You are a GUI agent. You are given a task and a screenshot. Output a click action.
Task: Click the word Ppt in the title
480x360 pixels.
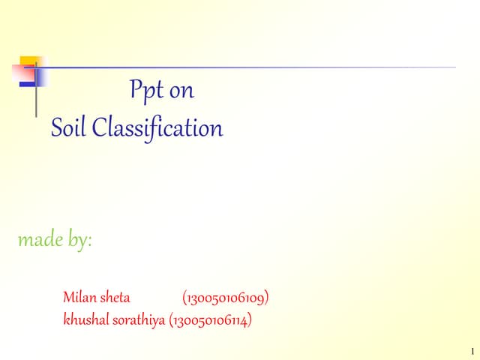[x=146, y=91]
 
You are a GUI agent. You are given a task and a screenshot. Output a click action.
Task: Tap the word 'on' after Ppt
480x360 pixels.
[x=181, y=92]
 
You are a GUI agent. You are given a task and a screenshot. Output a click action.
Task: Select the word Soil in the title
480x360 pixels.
[x=69, y=128]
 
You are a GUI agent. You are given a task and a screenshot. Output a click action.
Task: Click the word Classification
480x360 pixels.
[x=157, y=128]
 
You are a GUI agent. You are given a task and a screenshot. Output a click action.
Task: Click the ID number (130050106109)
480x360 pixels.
[x=226, y=298]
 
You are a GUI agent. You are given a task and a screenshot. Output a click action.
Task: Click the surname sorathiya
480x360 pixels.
[x=140, y=321]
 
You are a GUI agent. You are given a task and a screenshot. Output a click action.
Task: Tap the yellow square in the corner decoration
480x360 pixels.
[x=29, y=63]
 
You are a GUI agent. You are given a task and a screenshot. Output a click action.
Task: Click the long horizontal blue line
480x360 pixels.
[x=247, y=67]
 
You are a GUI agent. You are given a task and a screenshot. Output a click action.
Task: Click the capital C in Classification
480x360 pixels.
[x=98, y=128]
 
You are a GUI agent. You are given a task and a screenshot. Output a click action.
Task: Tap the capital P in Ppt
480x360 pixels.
[x=135, y=91]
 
